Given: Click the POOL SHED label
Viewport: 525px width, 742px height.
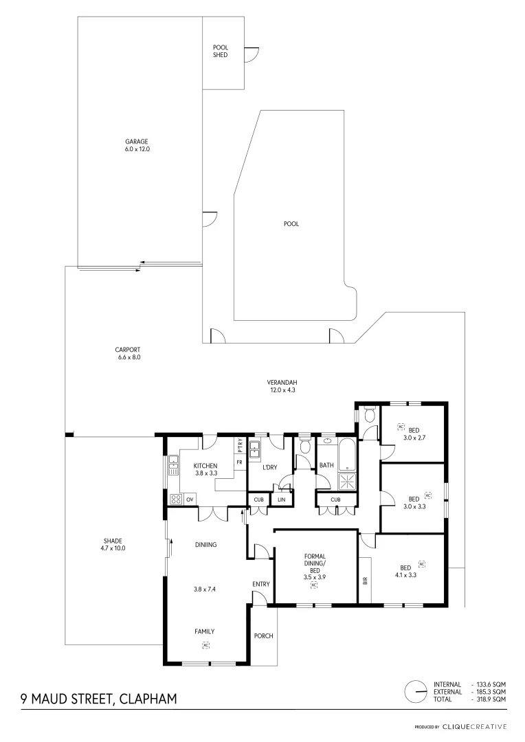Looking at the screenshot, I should click(x=220, y=52).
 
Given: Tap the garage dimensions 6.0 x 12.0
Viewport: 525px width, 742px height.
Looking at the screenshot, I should click(x=137, y=148).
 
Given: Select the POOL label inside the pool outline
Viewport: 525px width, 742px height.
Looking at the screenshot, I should click(x=291, y=223).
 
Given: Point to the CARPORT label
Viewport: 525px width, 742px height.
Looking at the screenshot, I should click(x=129, y=350).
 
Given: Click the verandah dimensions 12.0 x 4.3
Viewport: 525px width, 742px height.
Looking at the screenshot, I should click(x=282, y=390).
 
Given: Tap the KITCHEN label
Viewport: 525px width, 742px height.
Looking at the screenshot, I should click(x=205, y=466).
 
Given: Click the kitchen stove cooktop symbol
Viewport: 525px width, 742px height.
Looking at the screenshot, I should click(x=176, y=499).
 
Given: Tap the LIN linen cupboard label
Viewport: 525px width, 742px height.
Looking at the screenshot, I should click(x=282, y=499).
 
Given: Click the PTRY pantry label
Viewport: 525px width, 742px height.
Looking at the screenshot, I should click(x=240, y=446).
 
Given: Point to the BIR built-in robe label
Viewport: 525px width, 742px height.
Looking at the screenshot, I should click(x=365, y=581).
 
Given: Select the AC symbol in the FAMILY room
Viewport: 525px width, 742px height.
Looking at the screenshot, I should click(x=205, y=644).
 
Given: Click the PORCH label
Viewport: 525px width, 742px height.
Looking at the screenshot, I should click(x=264, y=636).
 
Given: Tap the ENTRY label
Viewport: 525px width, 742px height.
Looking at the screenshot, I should click(x=261, y=584).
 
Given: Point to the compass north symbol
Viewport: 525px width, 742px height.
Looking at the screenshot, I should click(x=415, y=690).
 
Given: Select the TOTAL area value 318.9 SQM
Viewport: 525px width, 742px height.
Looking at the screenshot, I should click(x=492, y=699).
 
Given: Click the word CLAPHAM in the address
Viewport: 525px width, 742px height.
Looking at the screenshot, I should click(x=148, y=699).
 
